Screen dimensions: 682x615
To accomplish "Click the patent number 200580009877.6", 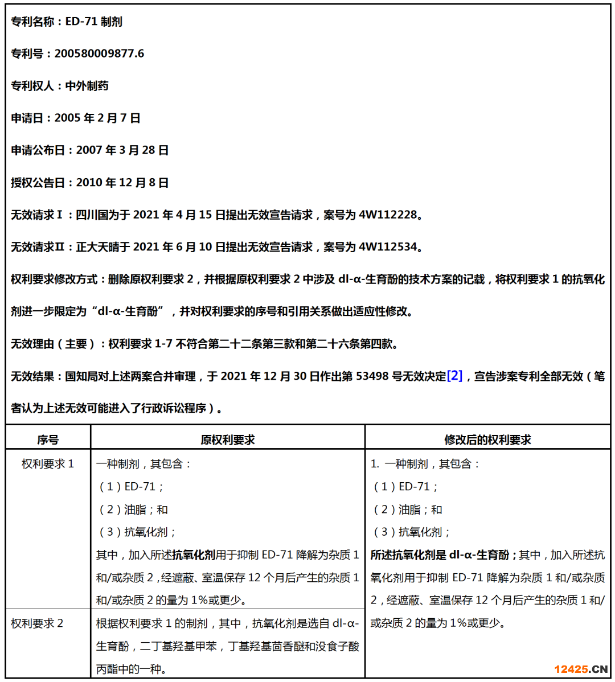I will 99,54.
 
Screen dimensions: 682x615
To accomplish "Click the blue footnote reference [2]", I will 454,376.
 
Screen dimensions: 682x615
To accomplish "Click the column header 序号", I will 48,439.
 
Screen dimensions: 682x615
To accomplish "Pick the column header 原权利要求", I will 228,439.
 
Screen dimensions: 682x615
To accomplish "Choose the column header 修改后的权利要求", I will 487,439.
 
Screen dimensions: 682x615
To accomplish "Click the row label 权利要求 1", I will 48,464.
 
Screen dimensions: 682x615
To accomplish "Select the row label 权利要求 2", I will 37,623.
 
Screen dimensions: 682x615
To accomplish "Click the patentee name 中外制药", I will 87,86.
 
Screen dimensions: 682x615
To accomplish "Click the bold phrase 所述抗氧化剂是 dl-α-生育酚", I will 440,555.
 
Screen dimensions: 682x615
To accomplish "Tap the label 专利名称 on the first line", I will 32,22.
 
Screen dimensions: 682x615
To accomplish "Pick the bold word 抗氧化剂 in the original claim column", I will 194,555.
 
